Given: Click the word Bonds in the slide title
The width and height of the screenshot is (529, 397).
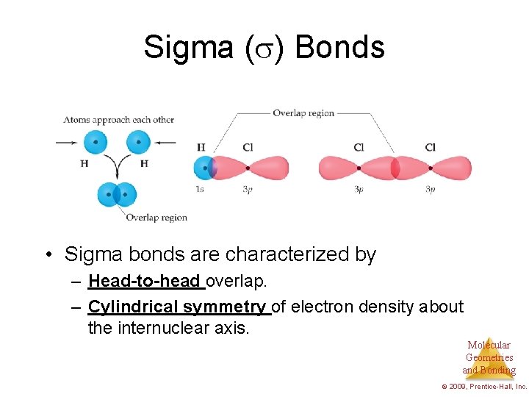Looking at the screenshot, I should [339, 48].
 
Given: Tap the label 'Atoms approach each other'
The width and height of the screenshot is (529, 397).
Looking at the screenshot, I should [118, 119].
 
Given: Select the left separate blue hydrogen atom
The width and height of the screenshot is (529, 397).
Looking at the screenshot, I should [95, 141].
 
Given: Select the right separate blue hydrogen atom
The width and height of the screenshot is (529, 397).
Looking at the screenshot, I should [137, 141].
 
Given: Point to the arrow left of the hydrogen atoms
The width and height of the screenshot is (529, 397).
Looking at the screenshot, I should [67, 142].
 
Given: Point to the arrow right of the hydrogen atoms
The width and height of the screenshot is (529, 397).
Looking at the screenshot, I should [165, 142].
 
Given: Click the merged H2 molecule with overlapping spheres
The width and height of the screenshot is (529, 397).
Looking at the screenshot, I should [116, 195].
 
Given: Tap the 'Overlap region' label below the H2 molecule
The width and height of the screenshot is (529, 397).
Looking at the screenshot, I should [156, 218].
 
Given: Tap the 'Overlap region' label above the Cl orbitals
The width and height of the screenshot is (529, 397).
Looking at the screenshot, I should [303, 113].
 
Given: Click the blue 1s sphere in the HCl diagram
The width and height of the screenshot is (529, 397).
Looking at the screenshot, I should [204, 168].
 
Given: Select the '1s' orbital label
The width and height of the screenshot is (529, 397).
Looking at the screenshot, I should [200, 190].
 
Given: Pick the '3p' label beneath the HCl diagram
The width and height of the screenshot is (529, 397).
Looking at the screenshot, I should [248, 190].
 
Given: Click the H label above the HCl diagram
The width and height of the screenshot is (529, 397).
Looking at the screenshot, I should [201, 148].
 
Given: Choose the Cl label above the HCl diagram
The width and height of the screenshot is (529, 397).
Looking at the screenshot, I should [248, 148].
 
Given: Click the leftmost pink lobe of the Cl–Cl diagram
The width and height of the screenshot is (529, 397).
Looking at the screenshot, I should [338, 168].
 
